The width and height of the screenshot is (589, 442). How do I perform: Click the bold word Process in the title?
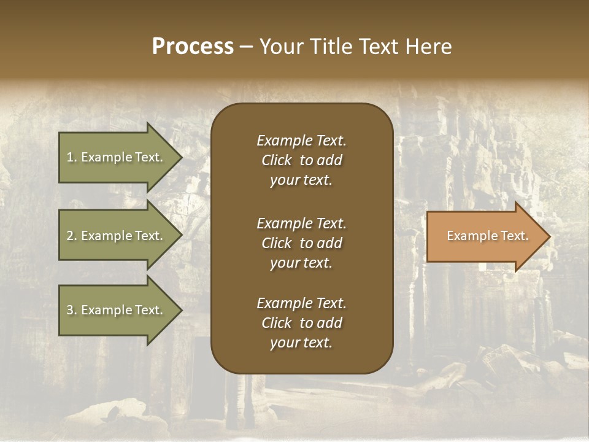193,47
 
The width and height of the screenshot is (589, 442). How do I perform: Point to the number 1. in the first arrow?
72,157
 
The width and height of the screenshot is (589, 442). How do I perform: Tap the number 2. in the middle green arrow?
72,236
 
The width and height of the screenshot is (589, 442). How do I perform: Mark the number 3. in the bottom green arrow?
72,310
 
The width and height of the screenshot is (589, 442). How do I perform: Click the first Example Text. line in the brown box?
301,141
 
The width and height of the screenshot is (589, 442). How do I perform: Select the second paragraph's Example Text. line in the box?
301,223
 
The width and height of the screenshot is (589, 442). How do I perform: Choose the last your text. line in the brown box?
301,343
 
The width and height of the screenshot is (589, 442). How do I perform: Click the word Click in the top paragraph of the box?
276,161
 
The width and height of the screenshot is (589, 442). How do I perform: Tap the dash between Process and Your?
246,47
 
